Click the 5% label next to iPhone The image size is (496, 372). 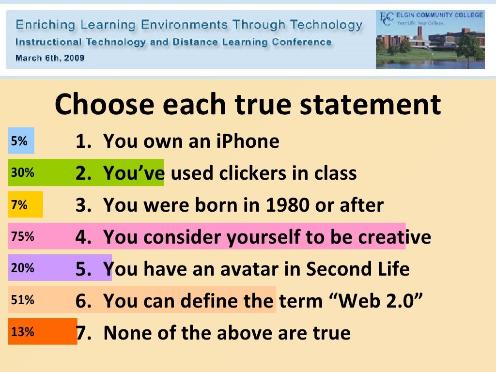pyautogui.click(x=19, y=141)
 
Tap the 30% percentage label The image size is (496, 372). pyautogui.click(x=22, y=172)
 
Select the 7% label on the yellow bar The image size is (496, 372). pyautogui.click(x=19, y=205)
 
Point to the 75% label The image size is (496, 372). pyautogui.click(x=22, y=237)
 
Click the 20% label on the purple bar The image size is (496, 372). pyautogui.click(x=22, y=268)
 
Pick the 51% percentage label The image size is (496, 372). pyautogui.click(x=22, y=300)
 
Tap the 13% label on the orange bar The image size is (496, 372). pyautogui.click(x=22, y=332)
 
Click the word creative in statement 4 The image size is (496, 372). pyautogui.click(x=394, y=237)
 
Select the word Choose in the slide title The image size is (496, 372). pyautogui.click(x=104, y=105)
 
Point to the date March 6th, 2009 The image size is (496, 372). pyautogui.click(x=50, y=58)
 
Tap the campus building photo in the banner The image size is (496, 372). pyautogui.click(x=430, y=48)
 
